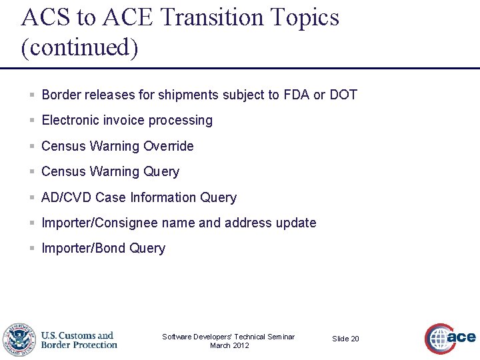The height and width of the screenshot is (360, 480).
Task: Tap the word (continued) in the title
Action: click(x=79, y=47)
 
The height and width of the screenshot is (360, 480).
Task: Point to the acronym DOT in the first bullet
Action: click(x=343, y=95)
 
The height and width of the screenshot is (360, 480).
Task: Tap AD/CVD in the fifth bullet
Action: click(x=67, y=197)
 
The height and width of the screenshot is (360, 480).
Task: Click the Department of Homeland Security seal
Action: click(x=19, y=340)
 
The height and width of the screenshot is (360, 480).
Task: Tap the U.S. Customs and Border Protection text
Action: click(x=79, y=340)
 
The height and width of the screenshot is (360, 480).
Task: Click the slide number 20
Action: click(x=355, y=339)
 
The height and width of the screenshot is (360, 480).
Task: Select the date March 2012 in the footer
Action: click(x=229, y=345)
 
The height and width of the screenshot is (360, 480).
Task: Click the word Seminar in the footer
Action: click(x=281, y=337)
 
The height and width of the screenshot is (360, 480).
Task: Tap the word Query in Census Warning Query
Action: click(x=161, y=172)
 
